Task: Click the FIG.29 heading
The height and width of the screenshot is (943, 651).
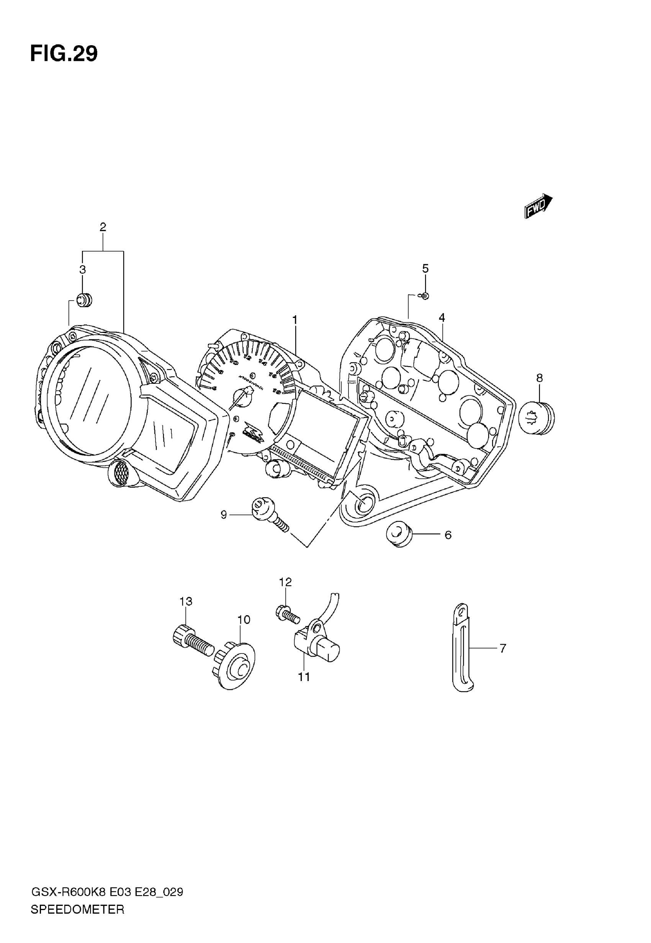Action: [64, 54]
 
